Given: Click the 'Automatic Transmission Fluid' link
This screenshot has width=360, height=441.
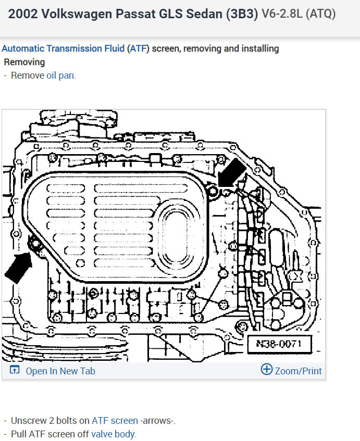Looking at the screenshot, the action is pos(63,48).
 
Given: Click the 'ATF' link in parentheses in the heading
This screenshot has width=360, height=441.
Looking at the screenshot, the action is pos(138,48).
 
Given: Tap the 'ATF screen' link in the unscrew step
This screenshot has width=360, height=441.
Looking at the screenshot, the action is pos(115,421).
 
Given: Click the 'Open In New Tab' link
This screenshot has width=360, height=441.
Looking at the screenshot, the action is pos(60,371).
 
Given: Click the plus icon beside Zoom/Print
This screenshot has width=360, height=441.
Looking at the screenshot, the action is pos(266,370).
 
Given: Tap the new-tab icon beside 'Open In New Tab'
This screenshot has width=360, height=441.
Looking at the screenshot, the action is pos(15,371).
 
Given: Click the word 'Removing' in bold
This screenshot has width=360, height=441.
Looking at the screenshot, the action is pos(24,62).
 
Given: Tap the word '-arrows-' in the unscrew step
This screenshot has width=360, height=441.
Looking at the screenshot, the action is pos(157,421).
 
